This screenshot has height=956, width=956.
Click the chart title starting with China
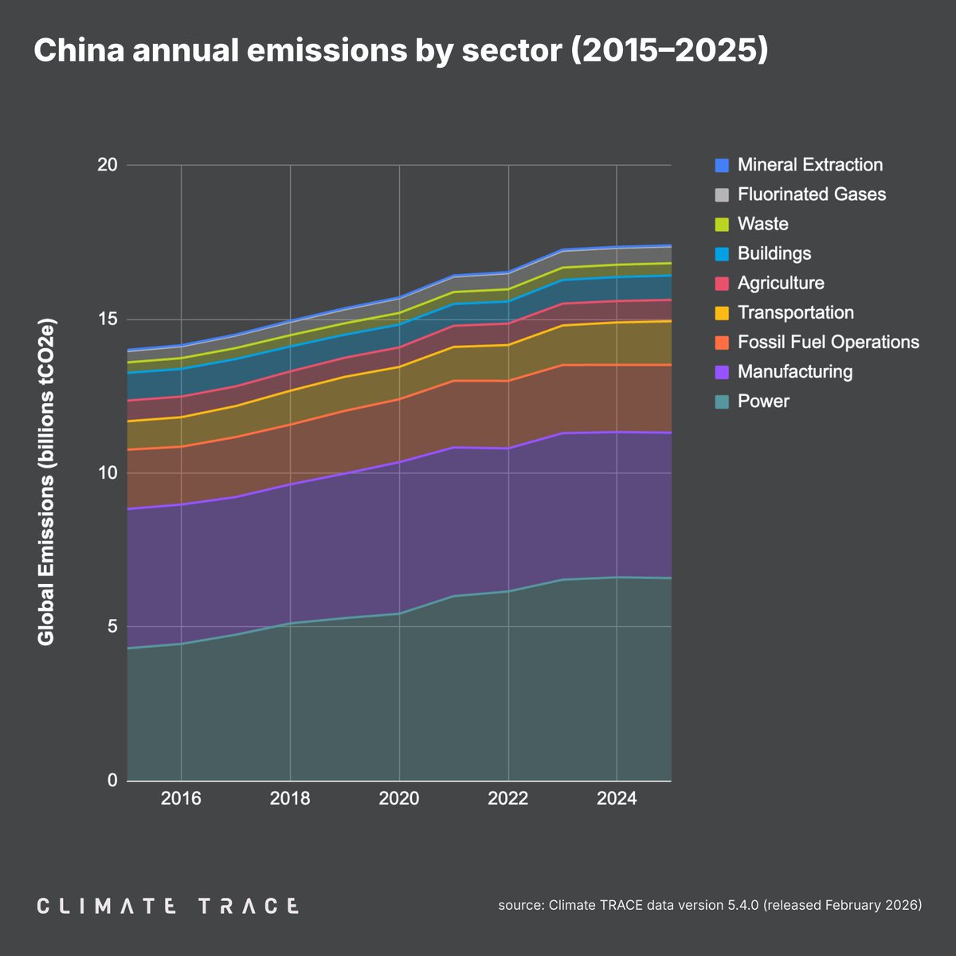pyautogui.click(x=401, y=51)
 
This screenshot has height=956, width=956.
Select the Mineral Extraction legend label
pyautogui.click(x=809, y=165)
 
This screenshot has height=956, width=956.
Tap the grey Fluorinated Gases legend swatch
pyautogui.click(x=723, y=194)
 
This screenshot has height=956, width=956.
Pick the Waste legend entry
pyautogui.click(x=762, y=224)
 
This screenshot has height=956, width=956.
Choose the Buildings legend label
pyautogui.click(x=774, y=253)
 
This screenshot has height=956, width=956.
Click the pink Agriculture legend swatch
pyautogui.click(x=723, y=283)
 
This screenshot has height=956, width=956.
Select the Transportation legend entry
pyautogui.click(x=795, y=312)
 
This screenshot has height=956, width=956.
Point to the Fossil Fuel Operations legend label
pyautogui.click(x=828, y=342)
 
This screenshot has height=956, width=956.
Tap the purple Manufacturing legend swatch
pyautogui.click(x=723, y=371)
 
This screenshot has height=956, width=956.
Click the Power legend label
pyautogui.click(x=762, y=401)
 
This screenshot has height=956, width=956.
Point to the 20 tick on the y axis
pyautogui.click(x=108, y=166)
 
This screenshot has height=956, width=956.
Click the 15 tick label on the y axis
pyautogui.click(x=108, y=319)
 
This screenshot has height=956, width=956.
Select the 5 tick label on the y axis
pyautogui.click(x=112, y=627)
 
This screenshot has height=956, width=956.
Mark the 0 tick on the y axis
pyautogui.click(x=112, y=781)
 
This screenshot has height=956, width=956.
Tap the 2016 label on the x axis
pyautogui.click(x=181, y=799)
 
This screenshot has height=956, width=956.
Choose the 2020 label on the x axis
pyautogui.click(x=398, y=799)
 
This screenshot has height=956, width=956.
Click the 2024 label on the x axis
pyautogui.click(x=616, y=799)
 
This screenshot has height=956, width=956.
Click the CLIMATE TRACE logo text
pyautogui.click(x=168, y=906)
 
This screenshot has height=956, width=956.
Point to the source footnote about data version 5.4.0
pyautogui.click(x=710, y=905)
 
